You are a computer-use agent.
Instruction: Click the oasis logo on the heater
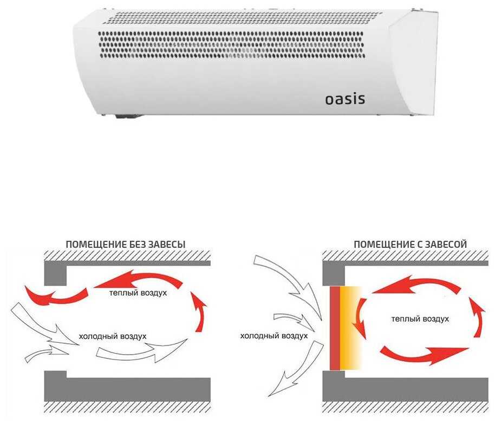pyautogui.click(x=344, y=99)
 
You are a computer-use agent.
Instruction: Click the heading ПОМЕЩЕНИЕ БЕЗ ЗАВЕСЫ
pyautogui.click(x=125, y=245)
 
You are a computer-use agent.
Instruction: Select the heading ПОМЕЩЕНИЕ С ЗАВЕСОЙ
pyautogui.click(x=410, y=245)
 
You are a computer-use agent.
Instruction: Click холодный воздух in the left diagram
pyautogui.click(x=113, y=336)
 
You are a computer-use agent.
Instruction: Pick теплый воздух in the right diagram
pyautogui.click(x=420, y=319)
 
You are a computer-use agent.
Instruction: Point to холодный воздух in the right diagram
pyautogui.click(x=274, y=336)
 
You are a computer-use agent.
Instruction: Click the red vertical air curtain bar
pyautogui.click(x=335, y=328)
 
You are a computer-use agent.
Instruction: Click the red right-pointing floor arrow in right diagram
pyautogui.click(x=422, y=355)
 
